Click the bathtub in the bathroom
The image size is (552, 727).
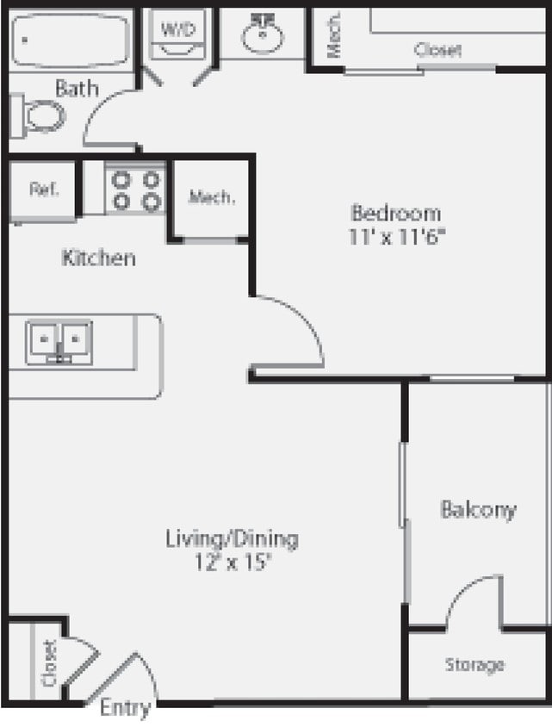click(70, 40)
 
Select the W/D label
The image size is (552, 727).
click(178, 29)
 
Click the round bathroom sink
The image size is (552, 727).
click(262, 34)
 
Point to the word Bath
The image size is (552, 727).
click(77, 88)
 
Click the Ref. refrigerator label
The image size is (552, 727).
click(44, 190)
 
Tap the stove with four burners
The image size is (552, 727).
click(136, 190)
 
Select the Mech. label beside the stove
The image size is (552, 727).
click(211, 197)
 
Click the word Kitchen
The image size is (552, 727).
click(99, 258)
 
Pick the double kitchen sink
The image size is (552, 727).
click(59, 342)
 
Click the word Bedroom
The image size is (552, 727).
click(396, 214)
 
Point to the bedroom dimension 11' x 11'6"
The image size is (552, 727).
click(397, 237)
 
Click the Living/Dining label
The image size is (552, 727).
click(232, 539)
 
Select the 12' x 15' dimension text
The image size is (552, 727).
click(233, 562)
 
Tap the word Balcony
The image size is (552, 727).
click(478, 510)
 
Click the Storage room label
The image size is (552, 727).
click(474, 665)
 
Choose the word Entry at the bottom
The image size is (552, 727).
click(126, 708)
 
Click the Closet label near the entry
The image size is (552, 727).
click(49, 663)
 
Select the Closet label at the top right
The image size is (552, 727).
click(437, 50)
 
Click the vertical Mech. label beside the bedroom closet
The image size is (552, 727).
click(334, 34)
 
